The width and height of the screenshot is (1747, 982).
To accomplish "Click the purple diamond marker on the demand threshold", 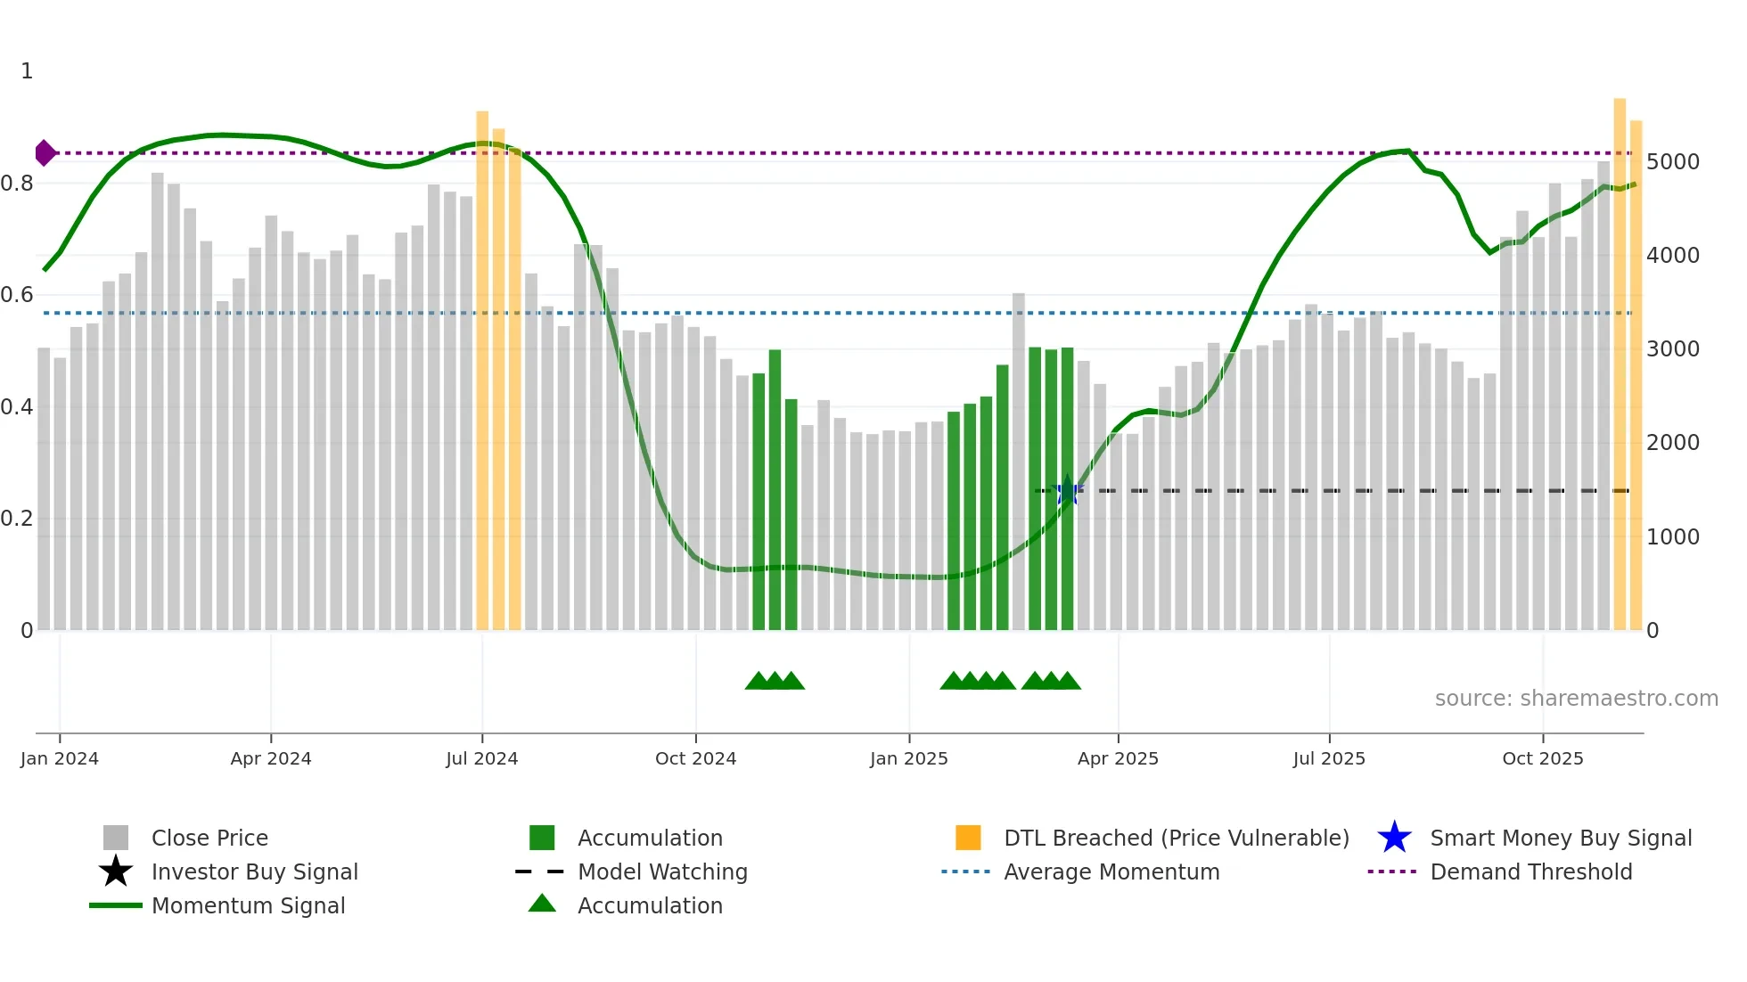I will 45,153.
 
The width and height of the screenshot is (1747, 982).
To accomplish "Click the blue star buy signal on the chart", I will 1067,490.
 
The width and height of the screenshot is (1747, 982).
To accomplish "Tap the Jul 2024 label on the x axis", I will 481,758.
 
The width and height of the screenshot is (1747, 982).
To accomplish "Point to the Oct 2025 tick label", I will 1542,758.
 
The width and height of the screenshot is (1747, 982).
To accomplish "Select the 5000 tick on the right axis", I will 1672,162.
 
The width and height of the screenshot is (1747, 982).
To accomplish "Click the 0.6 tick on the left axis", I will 17,295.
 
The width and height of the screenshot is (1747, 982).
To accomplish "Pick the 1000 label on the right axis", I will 1672,536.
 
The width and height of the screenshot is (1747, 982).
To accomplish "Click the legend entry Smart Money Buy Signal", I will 1560,838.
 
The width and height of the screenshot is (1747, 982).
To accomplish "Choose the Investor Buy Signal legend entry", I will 254,872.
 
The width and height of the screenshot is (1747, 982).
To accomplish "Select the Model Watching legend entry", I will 661,872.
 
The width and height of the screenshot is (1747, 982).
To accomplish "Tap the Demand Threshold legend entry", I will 1530,872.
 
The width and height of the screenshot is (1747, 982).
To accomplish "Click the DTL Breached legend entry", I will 1176,838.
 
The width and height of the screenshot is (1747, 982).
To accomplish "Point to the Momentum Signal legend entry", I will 248,905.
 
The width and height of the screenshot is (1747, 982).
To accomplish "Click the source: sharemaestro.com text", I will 1576,699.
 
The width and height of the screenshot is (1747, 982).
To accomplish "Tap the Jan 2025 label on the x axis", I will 908,758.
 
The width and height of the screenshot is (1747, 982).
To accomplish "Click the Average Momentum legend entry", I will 1111,872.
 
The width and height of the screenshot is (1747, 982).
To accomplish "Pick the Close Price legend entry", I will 209,838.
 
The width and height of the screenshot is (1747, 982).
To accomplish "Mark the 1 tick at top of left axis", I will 27,71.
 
